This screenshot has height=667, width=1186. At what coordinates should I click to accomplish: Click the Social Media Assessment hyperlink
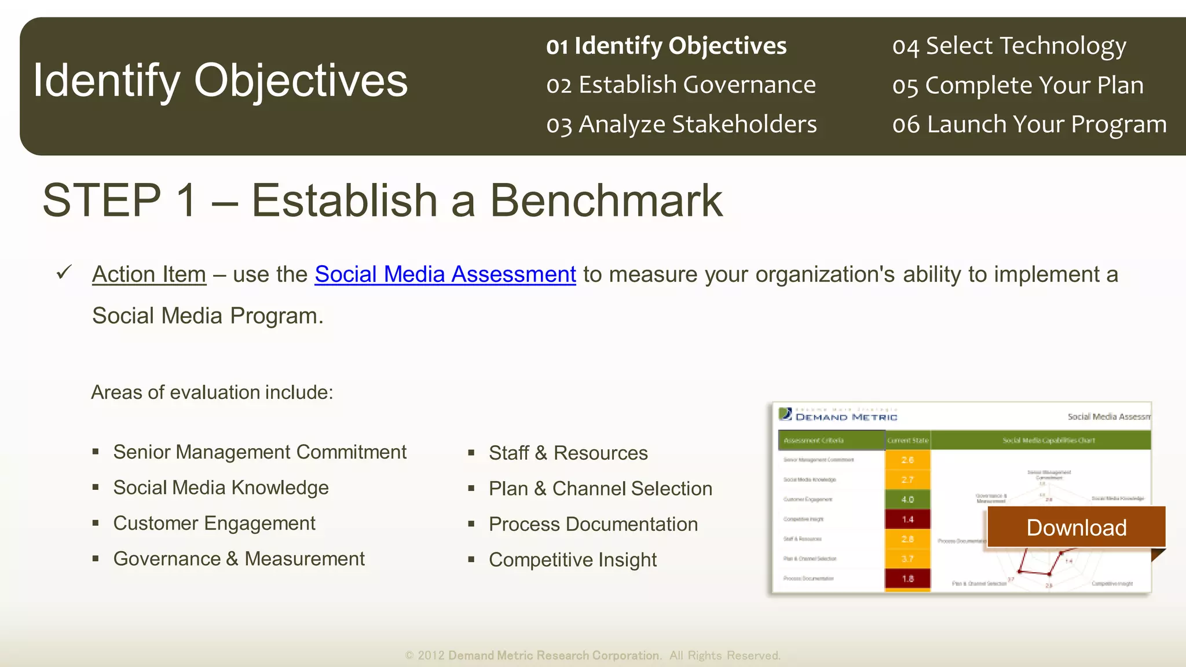445,274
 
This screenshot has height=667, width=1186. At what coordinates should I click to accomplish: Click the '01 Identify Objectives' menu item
666,46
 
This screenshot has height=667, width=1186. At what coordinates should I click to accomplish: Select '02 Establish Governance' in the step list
680,85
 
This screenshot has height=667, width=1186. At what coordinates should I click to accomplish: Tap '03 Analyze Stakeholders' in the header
681,124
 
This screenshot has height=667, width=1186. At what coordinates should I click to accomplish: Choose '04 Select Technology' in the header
1009,46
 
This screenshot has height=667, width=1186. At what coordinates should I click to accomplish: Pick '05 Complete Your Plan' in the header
1017,85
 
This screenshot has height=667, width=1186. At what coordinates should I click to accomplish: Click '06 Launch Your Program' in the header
1029,124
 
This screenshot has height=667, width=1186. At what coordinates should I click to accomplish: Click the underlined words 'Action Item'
149,274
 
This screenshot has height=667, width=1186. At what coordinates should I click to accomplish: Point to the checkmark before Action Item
64,272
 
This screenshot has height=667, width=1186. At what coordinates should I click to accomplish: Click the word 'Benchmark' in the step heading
606,200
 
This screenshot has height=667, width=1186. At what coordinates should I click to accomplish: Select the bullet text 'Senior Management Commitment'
259,452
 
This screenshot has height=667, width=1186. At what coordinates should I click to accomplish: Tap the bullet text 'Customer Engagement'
214,523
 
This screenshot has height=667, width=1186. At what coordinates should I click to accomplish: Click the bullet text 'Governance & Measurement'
239,559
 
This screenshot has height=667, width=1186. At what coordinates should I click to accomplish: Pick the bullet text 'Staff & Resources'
568,453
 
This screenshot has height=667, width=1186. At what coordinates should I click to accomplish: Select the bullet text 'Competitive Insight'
572,560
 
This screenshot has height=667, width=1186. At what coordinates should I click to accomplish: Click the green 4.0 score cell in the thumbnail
907,499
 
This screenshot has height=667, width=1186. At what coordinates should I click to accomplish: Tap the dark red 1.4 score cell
907,519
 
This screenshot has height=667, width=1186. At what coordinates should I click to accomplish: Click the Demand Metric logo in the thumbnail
837,415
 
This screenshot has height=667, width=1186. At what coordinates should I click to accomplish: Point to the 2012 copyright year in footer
431,655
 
